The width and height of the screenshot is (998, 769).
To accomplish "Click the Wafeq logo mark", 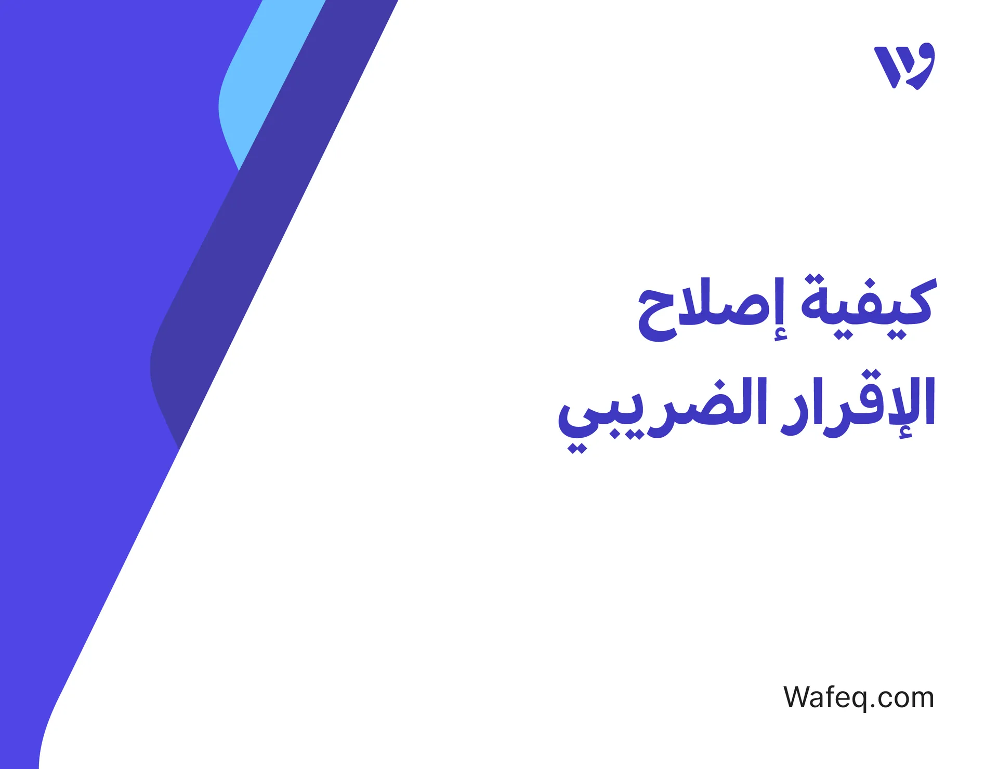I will pos(904,66).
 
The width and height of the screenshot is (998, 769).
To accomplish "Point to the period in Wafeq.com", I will pos(873,707).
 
